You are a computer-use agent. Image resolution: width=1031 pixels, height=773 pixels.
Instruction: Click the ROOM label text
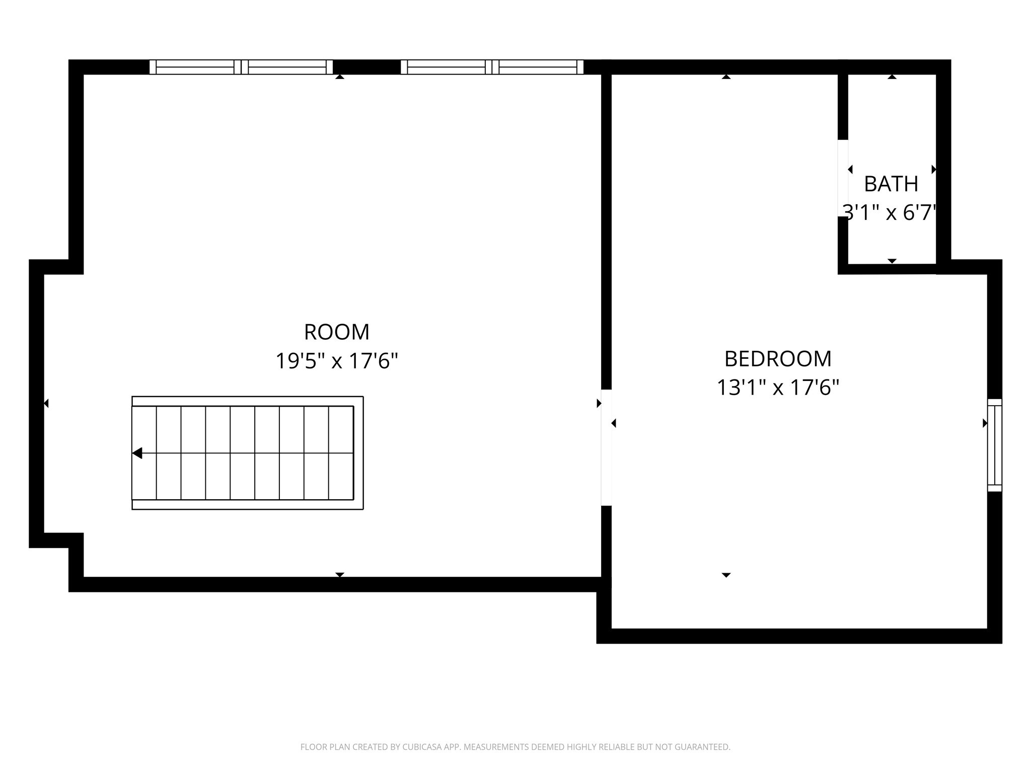(x=337, y=332)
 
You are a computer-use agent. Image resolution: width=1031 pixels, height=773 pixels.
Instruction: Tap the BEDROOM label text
(x=778, y=359)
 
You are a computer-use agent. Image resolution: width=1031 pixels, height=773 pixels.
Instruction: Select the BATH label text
(x=891, y=184)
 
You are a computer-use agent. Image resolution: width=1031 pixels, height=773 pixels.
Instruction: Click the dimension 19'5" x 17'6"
(x=337, y=361)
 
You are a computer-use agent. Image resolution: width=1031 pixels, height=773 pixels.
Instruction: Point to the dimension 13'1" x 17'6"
(x=778, y=388)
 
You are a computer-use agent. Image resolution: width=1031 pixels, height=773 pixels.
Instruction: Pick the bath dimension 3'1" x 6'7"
(x=890, y=213)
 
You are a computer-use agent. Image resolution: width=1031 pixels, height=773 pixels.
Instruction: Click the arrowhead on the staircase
(x=137, y=453)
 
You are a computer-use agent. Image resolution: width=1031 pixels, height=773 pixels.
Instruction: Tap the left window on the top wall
(x=241, y=67)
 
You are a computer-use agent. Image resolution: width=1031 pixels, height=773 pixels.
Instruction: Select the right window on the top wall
(x=492, y=67)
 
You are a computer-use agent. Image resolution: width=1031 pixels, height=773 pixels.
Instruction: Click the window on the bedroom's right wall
(x=994, y=445)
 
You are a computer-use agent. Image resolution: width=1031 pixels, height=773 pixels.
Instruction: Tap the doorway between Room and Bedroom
(x=606, y=447)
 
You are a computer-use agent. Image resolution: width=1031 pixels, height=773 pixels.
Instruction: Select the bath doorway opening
(x=843, y=178)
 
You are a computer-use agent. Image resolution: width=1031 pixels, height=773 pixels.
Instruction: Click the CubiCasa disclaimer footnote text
(x=515, y=747)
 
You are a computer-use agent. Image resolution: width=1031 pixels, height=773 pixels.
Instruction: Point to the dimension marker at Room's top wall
(x=340, y=77)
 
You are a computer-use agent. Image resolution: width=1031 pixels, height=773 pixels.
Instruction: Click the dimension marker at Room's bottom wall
(x=340, y=574)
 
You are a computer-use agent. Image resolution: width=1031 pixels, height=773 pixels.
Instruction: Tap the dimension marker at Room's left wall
(x=46, y=403)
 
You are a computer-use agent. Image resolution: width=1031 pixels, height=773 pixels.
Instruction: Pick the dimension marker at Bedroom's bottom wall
(x=726, y=574)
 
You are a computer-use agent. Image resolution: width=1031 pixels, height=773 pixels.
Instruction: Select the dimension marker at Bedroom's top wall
(x=726, y=77)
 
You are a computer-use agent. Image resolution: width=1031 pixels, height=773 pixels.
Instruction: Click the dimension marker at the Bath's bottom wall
(x=892, y=261)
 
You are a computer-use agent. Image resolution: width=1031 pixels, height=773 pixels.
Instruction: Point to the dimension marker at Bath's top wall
(x=892, y=77)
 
